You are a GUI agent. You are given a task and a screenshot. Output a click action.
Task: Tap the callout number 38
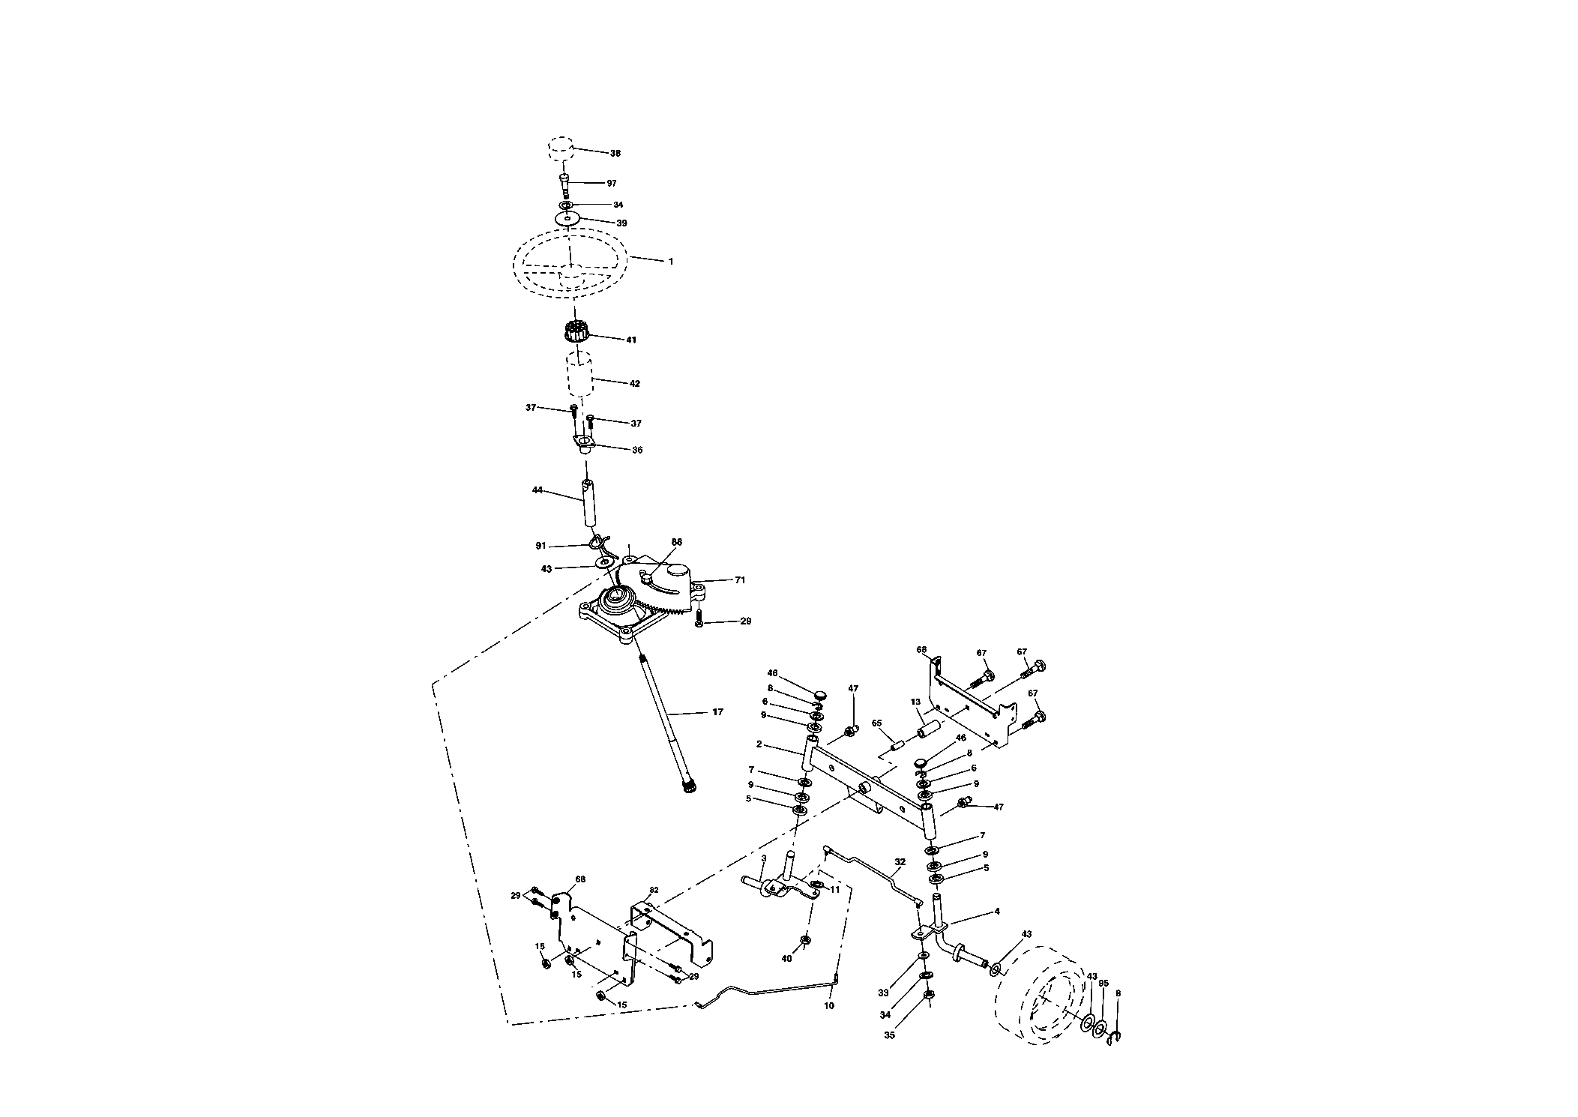(615, 153)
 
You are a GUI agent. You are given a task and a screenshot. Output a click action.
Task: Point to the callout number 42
(635, 383)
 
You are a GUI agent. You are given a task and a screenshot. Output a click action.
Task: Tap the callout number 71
(741, 579)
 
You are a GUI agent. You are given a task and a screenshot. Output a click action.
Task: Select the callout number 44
(537, 490)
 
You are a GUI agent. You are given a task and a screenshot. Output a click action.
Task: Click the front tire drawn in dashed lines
(1040, 996)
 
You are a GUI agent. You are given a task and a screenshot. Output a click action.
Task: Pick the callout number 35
(889, 1035)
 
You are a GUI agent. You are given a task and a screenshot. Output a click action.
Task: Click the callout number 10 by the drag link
(829, 1005)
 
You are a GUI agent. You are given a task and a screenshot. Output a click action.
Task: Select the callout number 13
(915, 702)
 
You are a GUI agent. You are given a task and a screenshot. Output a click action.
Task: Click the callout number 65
(876, 723)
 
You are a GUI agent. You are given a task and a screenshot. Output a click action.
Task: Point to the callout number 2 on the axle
(759, 744)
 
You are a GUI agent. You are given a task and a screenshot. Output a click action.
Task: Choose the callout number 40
(786, 958)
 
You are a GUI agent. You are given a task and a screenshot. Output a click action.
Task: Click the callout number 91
(540, 545)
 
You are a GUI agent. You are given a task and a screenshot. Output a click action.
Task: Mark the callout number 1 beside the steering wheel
(671, 262)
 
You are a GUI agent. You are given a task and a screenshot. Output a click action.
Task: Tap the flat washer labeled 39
(567, 218)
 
